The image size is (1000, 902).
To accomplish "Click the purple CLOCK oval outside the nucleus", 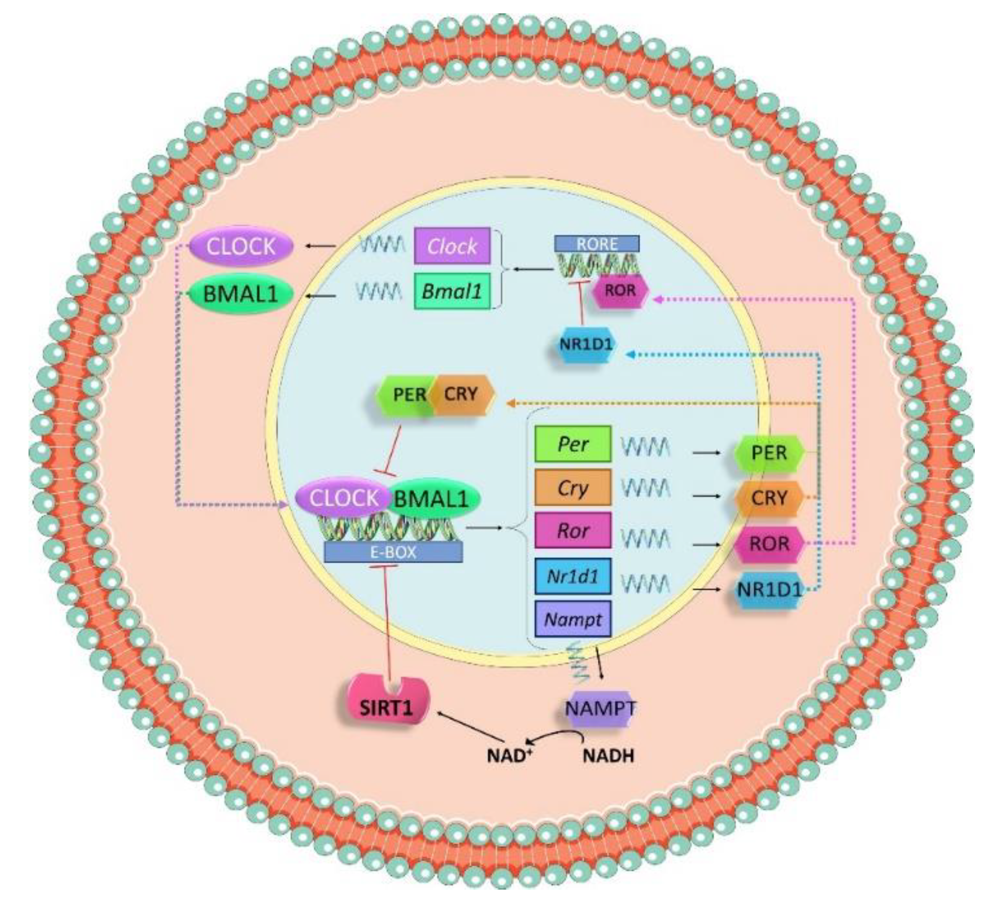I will coord(241,247).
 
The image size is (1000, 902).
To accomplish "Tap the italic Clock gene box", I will coord(452,246).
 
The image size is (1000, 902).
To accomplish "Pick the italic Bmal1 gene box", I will coord(452,291).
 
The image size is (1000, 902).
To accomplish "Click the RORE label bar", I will coord(596,244).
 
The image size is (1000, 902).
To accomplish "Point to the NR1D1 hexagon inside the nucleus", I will coord(586,344).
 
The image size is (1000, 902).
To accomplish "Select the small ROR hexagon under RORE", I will coord(620,290).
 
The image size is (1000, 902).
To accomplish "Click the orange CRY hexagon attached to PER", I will coord(461,395).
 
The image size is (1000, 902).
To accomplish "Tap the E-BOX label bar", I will coord(393,552).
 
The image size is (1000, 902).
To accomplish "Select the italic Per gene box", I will coord(573,444).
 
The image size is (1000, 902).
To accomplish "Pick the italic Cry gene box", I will coord(573,488).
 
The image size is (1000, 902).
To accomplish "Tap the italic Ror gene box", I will coord(573,531).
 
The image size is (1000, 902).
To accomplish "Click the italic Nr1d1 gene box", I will coord(573,576).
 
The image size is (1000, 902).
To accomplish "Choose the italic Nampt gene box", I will coord(573,619).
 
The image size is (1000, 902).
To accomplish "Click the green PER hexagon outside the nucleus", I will coord(769,453).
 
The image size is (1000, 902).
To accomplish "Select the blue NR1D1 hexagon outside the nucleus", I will coord(769,590).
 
